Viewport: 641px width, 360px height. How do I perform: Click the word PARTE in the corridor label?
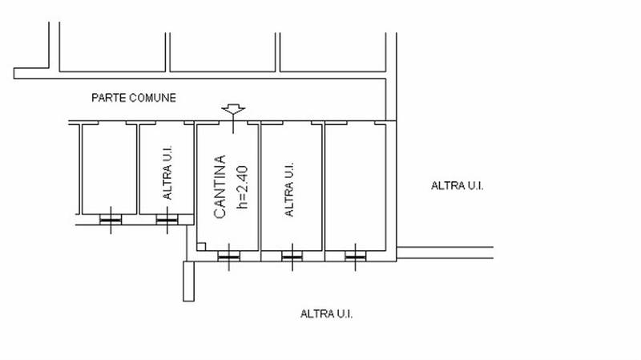click(x=103, y=98)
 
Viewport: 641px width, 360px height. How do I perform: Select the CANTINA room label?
click(x=220, y=187)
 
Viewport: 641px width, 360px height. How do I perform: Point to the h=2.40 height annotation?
click(x=242, y=187)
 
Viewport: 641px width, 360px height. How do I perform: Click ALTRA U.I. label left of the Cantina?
click(x=167, y=172)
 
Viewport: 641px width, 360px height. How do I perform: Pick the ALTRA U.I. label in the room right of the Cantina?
click(x=288, y=189)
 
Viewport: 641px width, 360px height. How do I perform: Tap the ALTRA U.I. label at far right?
click(x=457, y=186)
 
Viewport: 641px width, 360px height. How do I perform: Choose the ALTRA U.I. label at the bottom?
click(x=326, y=314)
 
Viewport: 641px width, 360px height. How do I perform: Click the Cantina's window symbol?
click(x=229, y=257)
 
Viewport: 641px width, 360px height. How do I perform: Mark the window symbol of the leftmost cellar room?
click(x=111, y=220)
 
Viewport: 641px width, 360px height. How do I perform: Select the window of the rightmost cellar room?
click(x=355, y=257)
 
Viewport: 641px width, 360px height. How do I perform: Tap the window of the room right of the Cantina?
click(x=292, y=257)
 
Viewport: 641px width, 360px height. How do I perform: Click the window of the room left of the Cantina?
click(x=167, y=220)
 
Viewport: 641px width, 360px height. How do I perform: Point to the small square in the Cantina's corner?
click(x=201, y=247)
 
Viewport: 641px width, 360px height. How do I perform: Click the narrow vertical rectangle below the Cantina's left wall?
click(x=188, y=281)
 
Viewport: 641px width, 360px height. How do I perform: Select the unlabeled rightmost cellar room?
click(x=356, y=188)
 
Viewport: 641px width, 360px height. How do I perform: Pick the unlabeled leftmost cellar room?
click(x=110, y=169)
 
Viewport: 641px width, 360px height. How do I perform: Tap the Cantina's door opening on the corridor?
click(x=233, y=123)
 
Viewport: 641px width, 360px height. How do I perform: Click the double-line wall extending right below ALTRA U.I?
click(x=445, y=253)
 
